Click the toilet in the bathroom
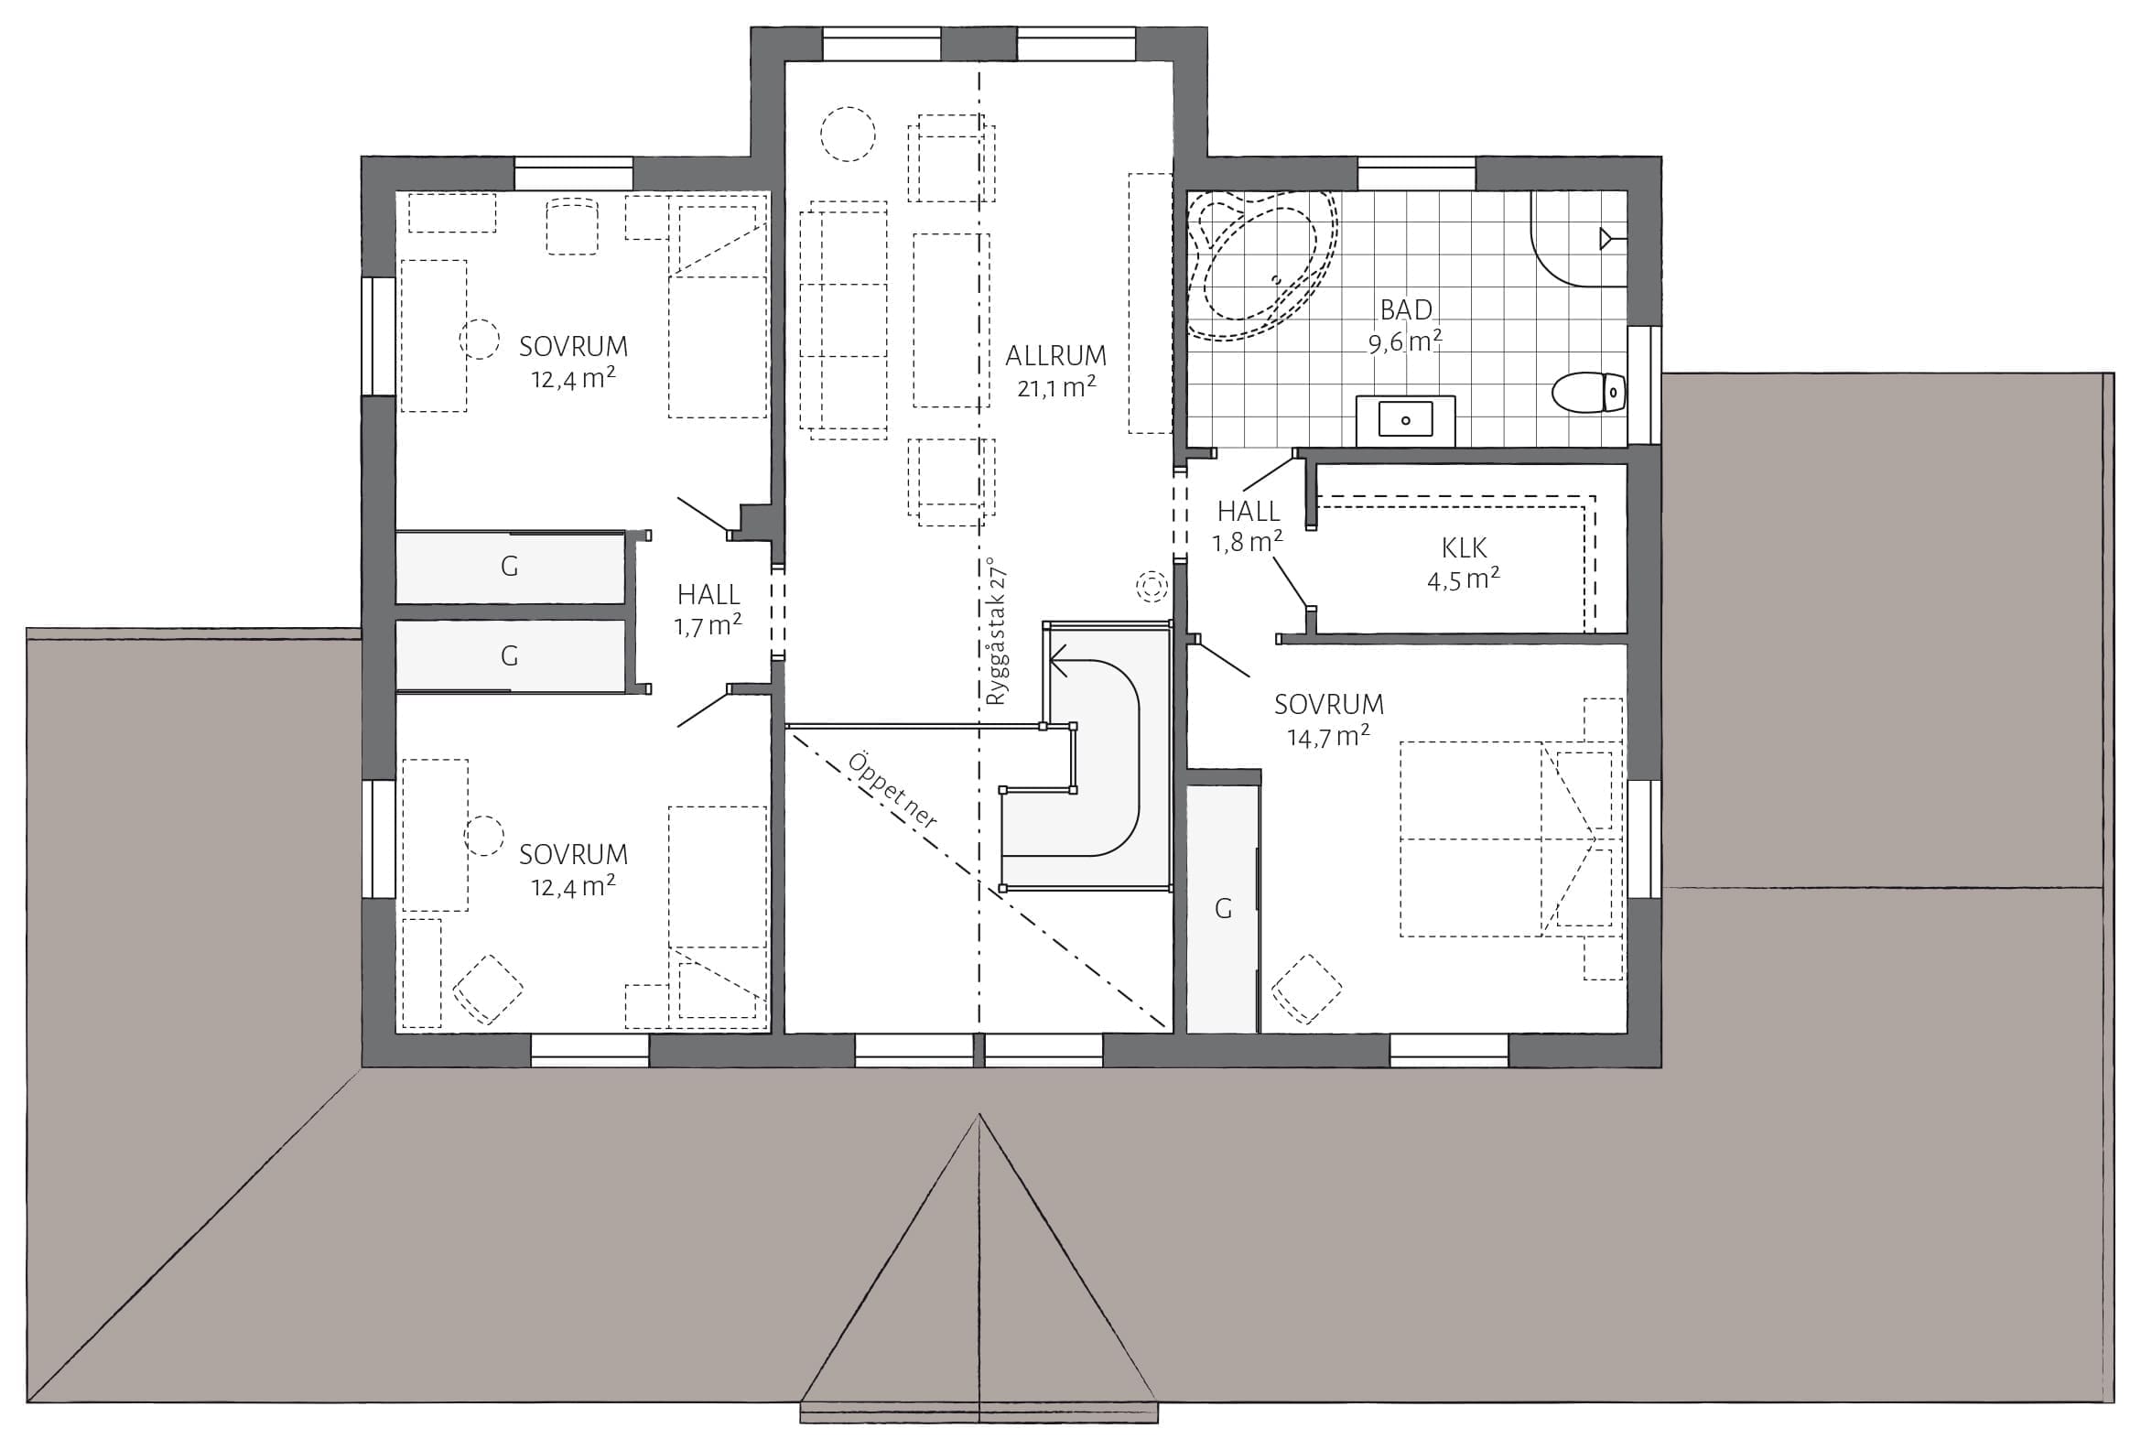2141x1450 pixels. [x=1588, y=393]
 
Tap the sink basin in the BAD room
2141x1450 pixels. [x=1405, y=420]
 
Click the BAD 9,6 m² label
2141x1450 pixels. [x=1405, y=325]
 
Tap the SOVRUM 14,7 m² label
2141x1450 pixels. [x=1328, y=720]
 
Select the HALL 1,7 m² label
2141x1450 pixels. [x=708, y=610]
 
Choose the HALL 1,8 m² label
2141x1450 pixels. [x=1249, y=526]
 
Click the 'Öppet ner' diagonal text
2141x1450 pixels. [x=892, y=790]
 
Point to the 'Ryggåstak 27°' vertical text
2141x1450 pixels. [x=997, y=631]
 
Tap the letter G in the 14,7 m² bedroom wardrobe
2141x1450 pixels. [x=1223, y=909]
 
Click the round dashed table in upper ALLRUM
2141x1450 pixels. [x=848, y=134]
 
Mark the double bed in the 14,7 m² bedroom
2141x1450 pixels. [x=1511, y=839]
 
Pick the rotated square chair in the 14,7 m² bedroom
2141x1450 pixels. [x=1307, y=990]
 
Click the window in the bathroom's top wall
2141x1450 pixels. [x=1417, y=173]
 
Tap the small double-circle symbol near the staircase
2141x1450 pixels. [x=1151, y=586]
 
